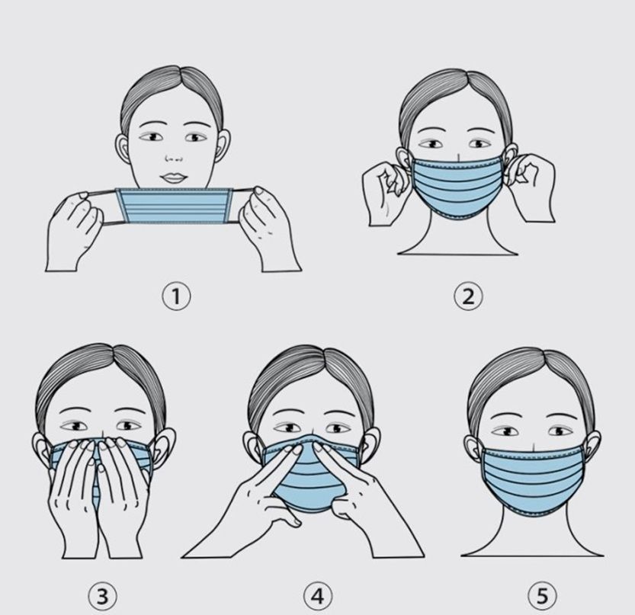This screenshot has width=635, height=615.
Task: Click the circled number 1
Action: tap(176, 296)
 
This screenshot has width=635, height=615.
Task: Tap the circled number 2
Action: tap(468, 296)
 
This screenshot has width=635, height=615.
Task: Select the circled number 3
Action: tap(102, 596)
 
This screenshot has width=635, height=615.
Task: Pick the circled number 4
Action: tap(318, 596)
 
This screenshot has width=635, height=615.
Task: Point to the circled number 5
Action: tap(542, 596)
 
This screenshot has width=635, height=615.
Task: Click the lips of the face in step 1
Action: tap(175, 178)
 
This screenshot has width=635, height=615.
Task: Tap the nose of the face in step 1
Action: tap(174, 159)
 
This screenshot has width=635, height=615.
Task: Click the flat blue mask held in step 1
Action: tap(175, 206)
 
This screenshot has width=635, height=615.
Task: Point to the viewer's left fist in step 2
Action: tap(386, 193)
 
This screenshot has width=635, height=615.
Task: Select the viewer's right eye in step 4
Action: tap(337, 428)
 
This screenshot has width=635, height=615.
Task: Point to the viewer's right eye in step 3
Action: tap(129, 426)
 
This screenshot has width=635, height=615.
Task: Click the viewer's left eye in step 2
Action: tap(431, 144)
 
